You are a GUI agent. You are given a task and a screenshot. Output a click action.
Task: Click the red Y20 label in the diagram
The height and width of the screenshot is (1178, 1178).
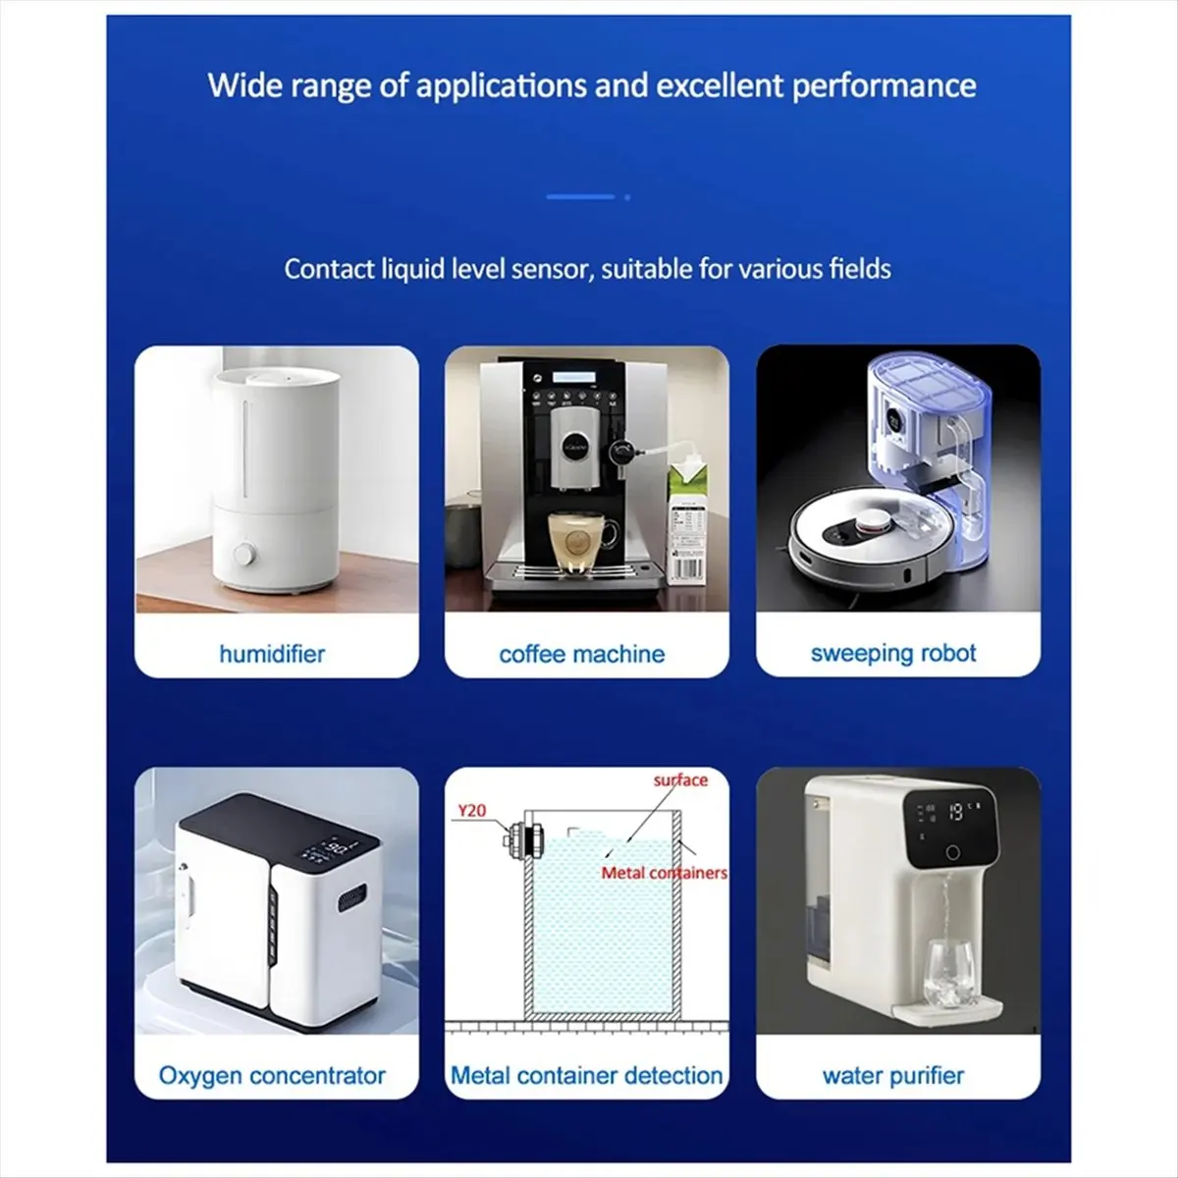coord(472,812)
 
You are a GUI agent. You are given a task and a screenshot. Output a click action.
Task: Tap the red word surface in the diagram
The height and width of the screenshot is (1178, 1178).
coord(680,780)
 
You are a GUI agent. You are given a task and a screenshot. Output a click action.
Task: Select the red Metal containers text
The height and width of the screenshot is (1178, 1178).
coord(664,872)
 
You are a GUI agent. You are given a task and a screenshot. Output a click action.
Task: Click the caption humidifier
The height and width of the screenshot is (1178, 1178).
coord(272,654)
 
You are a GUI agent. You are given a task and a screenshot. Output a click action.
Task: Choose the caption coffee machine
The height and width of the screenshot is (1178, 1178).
coord(581,654)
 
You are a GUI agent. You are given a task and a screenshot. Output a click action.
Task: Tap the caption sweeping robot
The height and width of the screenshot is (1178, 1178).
coord(893,654)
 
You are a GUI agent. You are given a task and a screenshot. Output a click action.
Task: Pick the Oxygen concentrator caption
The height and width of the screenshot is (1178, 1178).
coord(272,1076)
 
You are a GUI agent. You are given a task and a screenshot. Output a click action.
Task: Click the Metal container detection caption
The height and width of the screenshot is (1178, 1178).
coord(586,1076)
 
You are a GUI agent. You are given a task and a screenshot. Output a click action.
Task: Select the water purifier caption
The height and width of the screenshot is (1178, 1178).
coord(893,1076)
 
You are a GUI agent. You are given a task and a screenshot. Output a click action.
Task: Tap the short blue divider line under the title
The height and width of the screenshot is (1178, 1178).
coord(579,197)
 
